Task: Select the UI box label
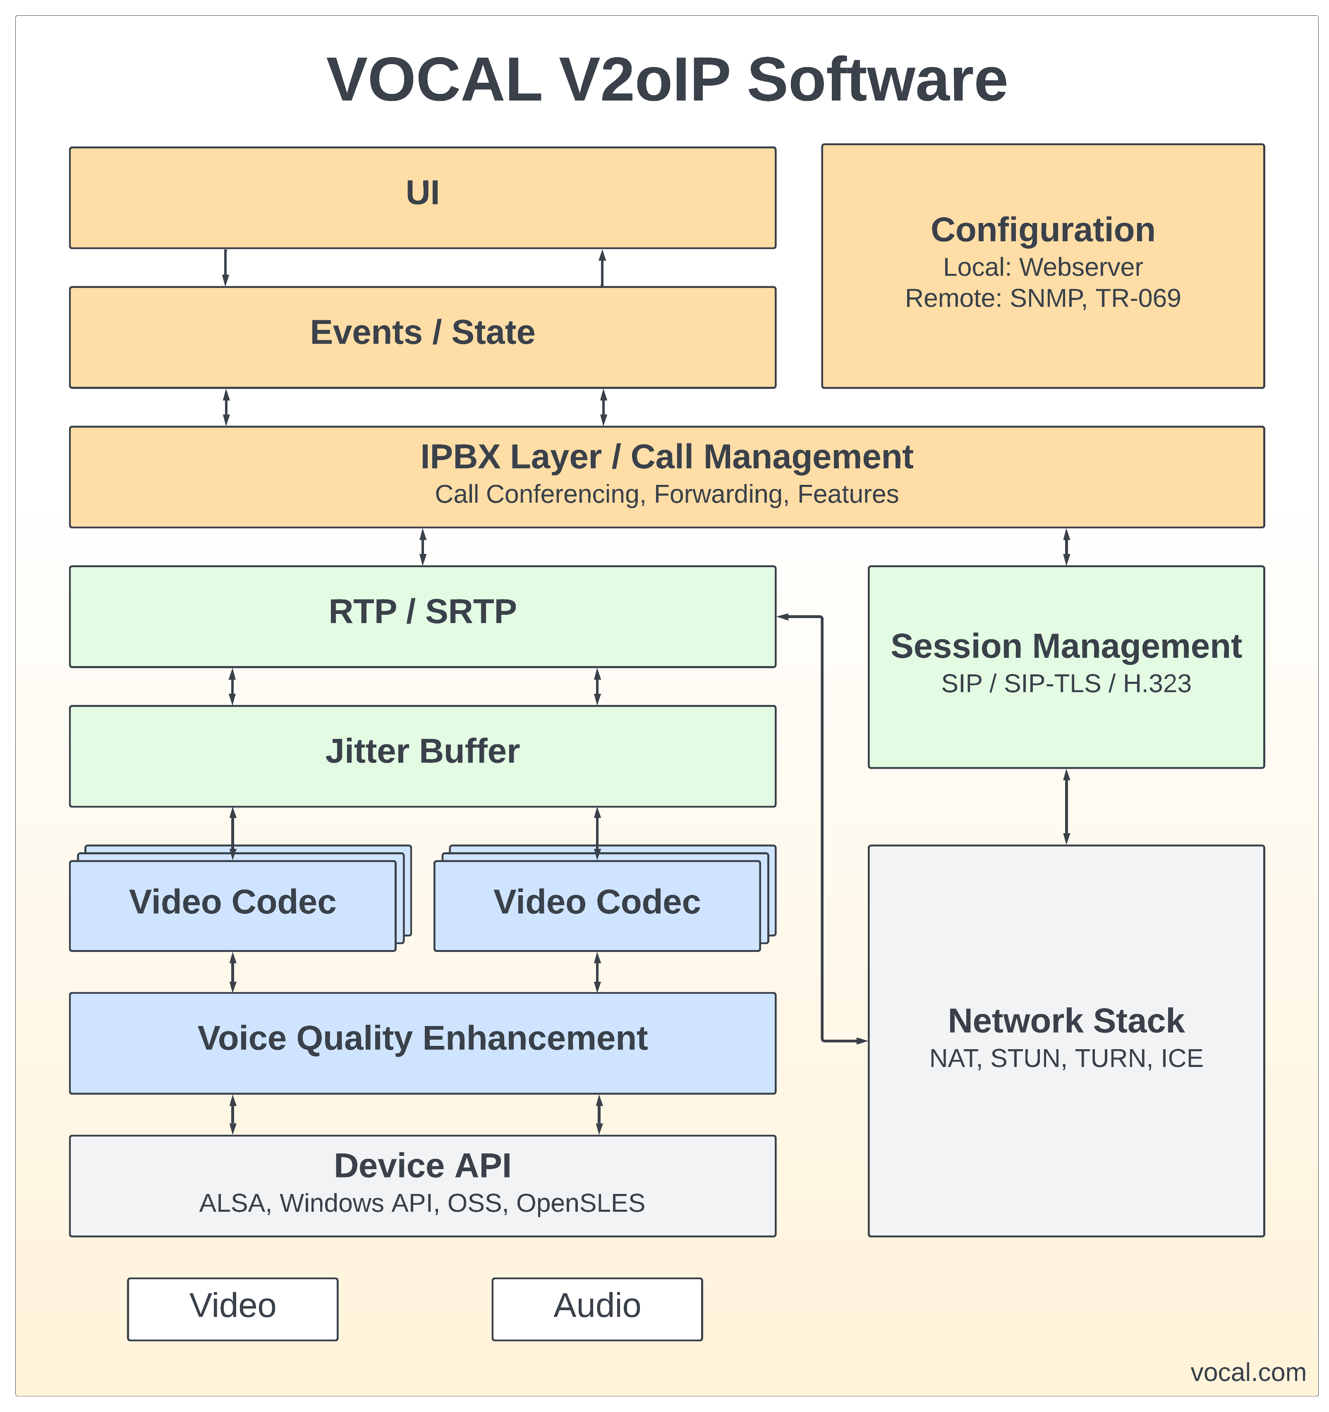coord(422,193)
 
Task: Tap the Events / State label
coord(422,332)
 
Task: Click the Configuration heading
coord(1042,230)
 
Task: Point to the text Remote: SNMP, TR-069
coord(1042,298)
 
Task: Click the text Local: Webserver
coord(1042,267)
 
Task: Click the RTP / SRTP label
coord(422,611)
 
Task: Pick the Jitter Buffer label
coord(422,751)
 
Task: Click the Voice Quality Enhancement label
coord(422,1038)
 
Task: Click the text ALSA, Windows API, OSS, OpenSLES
coord(422,1203)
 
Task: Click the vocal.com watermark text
coord(1248,1372)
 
